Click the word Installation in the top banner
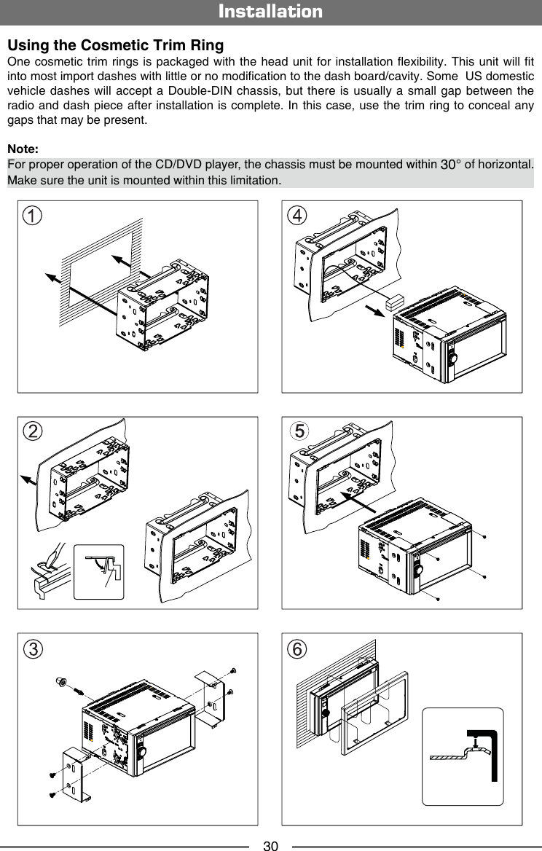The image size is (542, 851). [x=270, y=12]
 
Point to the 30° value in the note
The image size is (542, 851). [x=451, y=165]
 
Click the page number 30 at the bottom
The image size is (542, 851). [x=271, y=845]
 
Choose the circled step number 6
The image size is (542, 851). [x=296, y=648]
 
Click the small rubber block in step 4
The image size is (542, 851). [x=396, y=301]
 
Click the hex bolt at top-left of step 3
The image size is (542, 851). [x=60, y=682]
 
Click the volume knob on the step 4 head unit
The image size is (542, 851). [x=453, y=358]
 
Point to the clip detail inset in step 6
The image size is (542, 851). [x=463, y=756]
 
